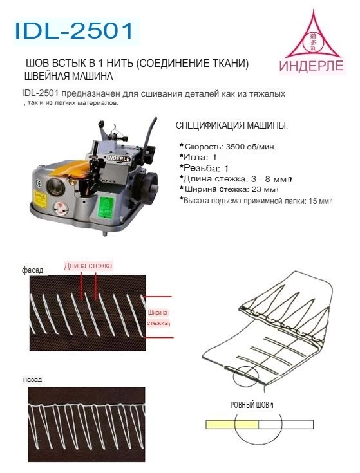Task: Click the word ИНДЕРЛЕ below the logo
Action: coord(311,67)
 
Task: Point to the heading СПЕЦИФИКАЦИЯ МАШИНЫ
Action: coord(232,125)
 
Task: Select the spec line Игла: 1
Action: coord(200,157)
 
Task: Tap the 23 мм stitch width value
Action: coord(265,190)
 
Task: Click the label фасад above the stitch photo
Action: coord(32,270)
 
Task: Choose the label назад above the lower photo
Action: coord(32,380)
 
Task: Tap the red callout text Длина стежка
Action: coord(88,265)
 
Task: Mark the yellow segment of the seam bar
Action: coord(231,425)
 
